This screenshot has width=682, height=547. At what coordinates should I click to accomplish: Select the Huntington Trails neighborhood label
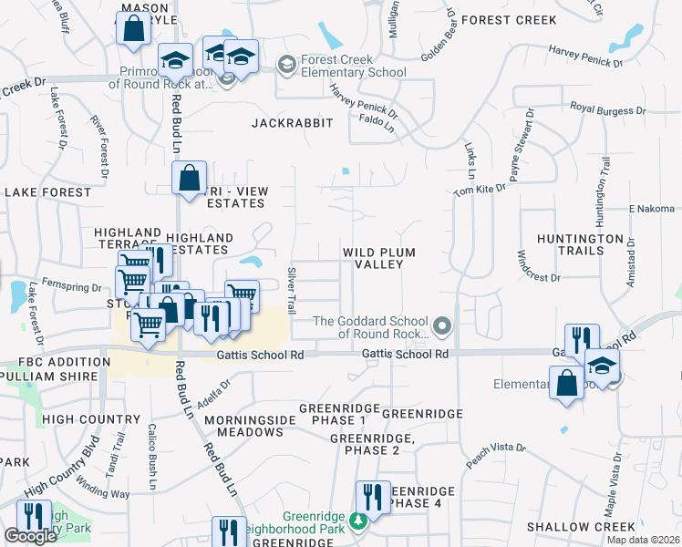pos(581,244)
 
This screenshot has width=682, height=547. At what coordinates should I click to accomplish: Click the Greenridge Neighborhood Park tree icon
pos(359,521)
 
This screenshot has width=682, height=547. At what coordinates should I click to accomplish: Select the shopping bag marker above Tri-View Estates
pos(190,180)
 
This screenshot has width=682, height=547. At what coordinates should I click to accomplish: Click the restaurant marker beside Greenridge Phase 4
pos(372,499)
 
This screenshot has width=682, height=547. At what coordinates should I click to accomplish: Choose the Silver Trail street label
pos(292,291)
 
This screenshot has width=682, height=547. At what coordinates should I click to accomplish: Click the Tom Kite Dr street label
pos(480,190)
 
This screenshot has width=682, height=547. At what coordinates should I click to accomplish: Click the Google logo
pos(31,536)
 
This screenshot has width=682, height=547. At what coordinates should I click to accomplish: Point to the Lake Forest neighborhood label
pos(48,192)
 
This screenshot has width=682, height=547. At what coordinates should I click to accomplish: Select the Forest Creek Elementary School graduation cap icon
pos(286,63)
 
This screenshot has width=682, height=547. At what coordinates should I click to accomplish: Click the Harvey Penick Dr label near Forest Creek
pos(585,63)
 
